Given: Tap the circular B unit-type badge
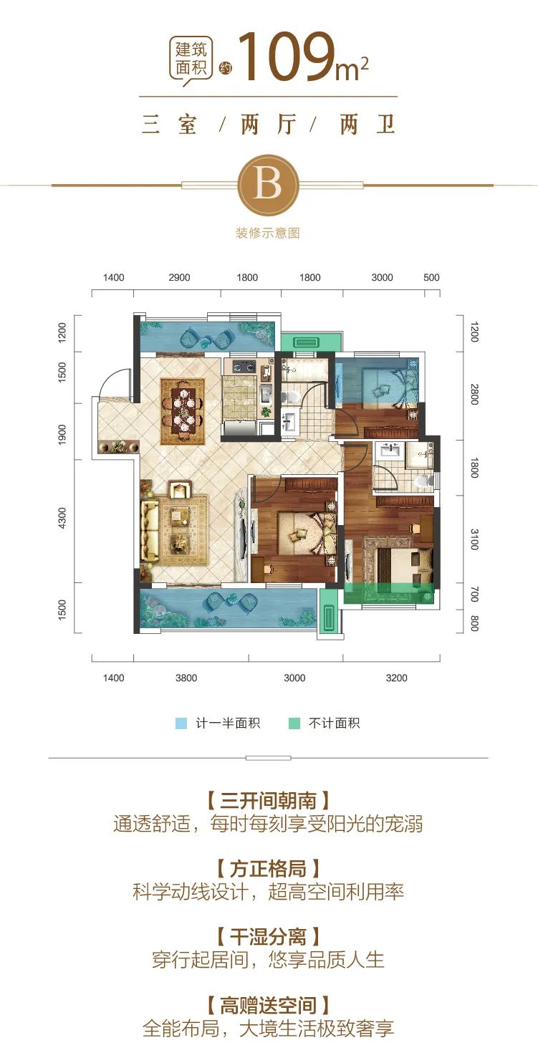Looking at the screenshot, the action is [269, 185].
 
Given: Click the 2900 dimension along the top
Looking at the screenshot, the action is [179, 278].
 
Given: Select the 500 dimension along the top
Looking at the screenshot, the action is [431, 277].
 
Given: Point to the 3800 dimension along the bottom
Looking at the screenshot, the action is [186, 678].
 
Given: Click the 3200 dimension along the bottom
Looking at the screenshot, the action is [397, 678].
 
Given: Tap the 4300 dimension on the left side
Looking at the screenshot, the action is [62, 518].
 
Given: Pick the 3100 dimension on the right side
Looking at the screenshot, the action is [474, 539].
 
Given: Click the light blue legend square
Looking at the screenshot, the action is [181, 723].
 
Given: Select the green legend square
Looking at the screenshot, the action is [294, 723].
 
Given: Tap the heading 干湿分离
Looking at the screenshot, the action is [269, 937].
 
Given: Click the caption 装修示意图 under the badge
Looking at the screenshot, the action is [268, 233].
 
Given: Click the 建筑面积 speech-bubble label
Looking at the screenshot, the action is [191, 59].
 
